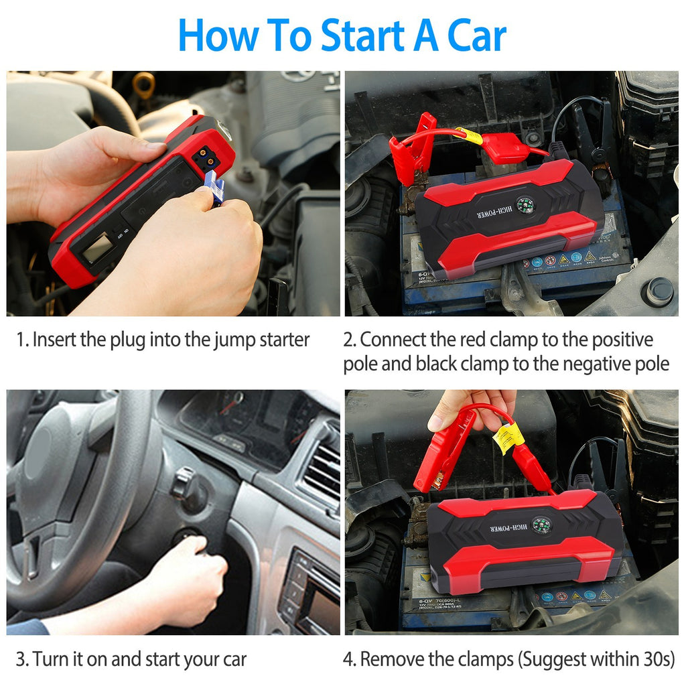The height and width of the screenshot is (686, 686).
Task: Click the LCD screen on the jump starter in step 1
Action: pyautogui.click(x=96, y=249)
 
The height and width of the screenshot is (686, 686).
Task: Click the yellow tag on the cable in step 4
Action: pyautogui.click(x=508, y=437)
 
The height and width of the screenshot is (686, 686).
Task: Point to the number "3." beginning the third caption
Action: pyautogui.click(x=22, y=659)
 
